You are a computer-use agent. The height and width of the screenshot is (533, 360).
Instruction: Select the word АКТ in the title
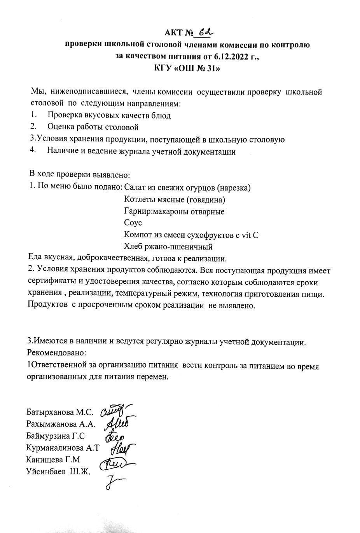pyautogui.click(x=173, y=33)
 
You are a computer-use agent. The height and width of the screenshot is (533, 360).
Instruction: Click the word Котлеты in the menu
pyautogui.click(x=138, y=200)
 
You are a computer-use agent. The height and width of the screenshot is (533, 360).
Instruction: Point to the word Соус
pyautogui.click(x=133, y=223)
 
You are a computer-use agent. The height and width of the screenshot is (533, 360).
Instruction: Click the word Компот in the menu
pyautogui.click(x=137, y=235)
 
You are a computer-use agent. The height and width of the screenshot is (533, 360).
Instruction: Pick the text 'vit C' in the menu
pyautogui.click(x=250, y=235)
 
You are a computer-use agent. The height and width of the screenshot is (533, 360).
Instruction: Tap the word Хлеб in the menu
pyautogui.click(x=133, y=247)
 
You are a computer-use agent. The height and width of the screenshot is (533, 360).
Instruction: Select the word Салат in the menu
pyautogui.click(x=135, y=188)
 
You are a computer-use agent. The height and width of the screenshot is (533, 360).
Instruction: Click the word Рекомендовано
pyautogui.click(x=56, y=353)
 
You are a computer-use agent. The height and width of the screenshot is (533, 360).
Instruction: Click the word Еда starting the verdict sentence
pyautogui.click(x=35, y=258)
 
